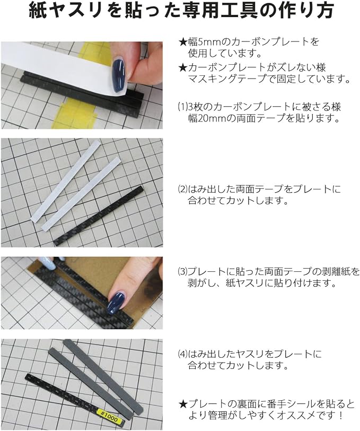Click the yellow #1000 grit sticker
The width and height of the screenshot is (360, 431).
109,415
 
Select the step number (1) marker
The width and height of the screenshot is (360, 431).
182,107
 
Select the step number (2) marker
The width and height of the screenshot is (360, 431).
182,189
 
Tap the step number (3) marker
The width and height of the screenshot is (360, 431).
182,272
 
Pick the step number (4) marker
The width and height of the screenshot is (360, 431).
182,354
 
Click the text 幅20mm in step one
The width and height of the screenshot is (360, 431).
205,118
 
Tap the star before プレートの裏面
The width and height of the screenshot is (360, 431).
182,404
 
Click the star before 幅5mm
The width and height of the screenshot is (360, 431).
182,42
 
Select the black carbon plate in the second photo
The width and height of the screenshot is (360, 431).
99,216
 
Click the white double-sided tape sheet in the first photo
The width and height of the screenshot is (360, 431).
63,66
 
